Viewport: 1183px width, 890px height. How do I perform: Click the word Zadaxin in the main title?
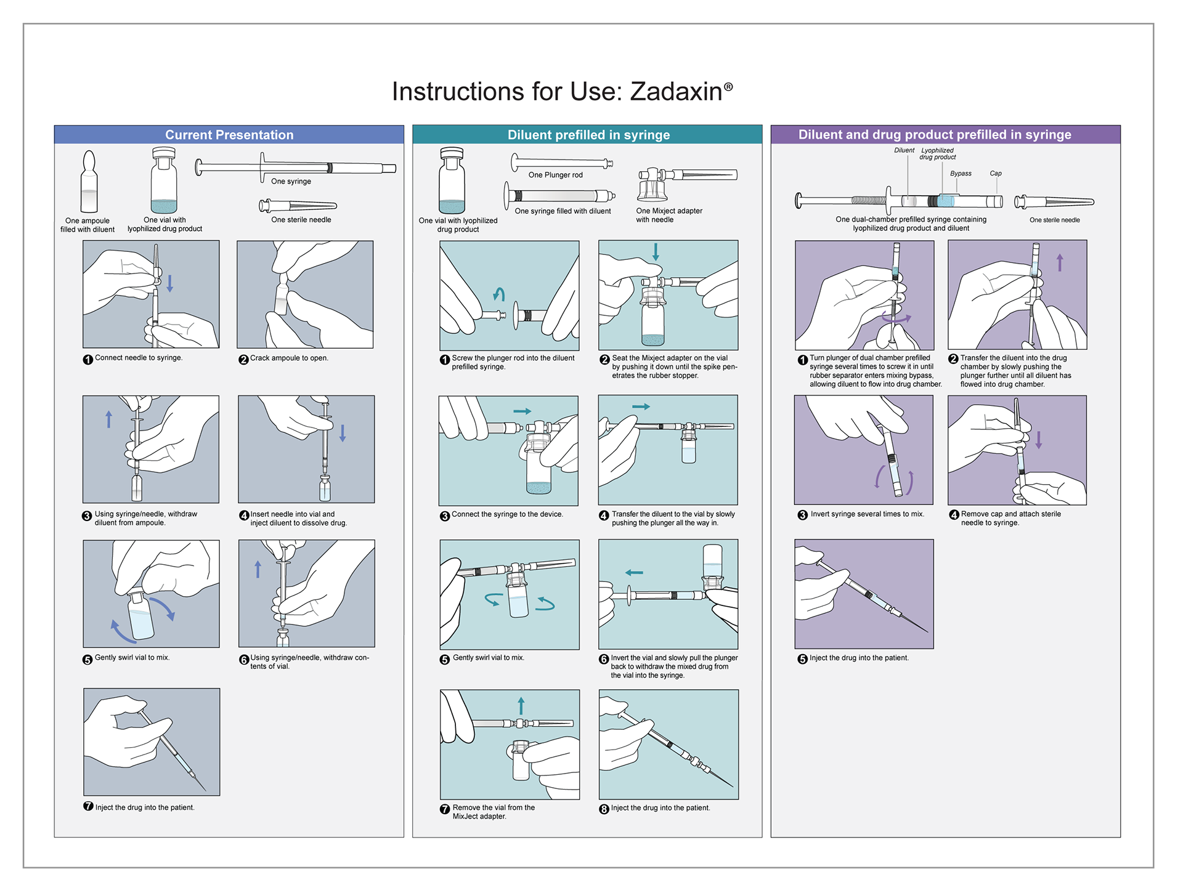click(x=677, y=92)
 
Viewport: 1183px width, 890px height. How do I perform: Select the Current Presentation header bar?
click(x=229, y=135)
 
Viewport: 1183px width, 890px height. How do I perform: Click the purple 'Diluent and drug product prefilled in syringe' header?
click(x=946, y=135)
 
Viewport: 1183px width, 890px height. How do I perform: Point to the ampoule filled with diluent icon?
click(x=89, y=182)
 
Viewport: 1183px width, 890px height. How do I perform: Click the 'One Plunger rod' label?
click(x=555, y=175)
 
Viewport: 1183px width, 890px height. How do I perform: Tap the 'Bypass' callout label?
click(x=961, y=174)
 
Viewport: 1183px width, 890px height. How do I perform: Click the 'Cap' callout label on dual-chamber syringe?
click(x=996, y=174)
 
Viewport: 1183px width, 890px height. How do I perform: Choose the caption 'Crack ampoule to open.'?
click(x=289, y=358)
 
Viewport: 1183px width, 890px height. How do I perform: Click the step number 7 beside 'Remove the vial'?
click(x=445, y=809)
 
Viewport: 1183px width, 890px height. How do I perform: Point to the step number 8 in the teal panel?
click(x=604, y=809)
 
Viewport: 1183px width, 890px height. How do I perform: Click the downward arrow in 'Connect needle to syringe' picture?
click(x=170, y=283)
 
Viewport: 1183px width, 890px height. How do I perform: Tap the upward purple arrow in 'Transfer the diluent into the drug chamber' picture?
click(x=1060, y=262)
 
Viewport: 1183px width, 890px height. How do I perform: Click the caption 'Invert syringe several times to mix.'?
click(x=867, y=514)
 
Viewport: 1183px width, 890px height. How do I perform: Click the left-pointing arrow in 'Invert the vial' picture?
click(x=634, y=573)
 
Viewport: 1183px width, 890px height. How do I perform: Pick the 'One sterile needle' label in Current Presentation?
click(x=301, y=220)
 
